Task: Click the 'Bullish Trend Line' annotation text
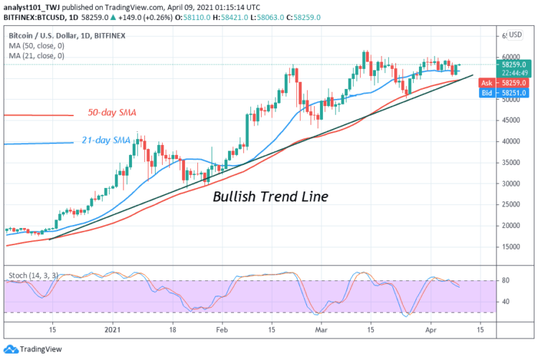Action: pos(270,196)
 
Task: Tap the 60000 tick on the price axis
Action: pos(510,57)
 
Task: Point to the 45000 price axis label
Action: pos(510,120)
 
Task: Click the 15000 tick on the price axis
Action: pos(510,247)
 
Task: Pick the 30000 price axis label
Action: pos(510,184)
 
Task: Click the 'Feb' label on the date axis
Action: pos(222,331)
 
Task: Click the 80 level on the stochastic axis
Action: pos(506,281)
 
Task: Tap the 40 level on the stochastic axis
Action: pos(506,302)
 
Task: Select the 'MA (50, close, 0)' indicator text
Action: pos(37,44)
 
